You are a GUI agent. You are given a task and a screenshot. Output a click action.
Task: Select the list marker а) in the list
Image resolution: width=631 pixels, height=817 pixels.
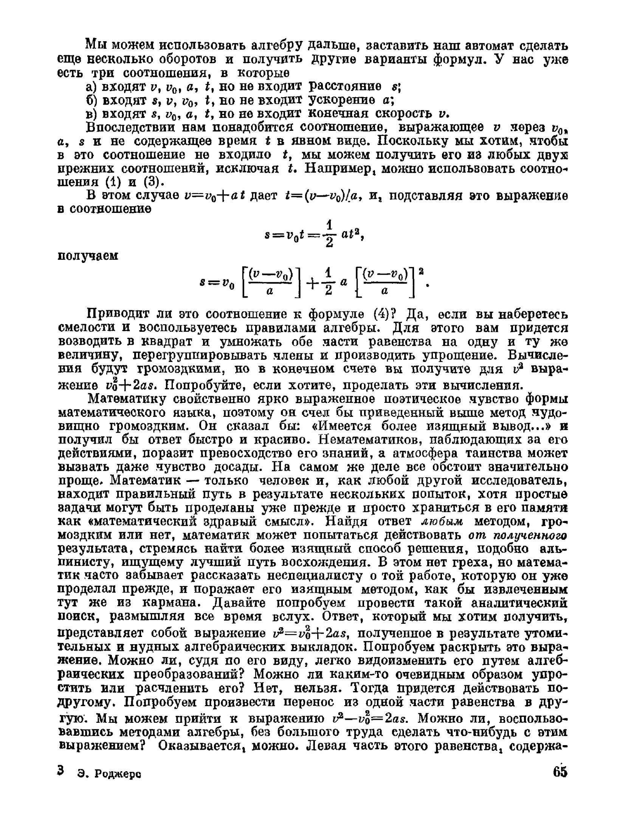(91, 87)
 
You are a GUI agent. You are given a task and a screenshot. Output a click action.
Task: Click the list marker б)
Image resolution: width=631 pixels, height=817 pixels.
(91, 100)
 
